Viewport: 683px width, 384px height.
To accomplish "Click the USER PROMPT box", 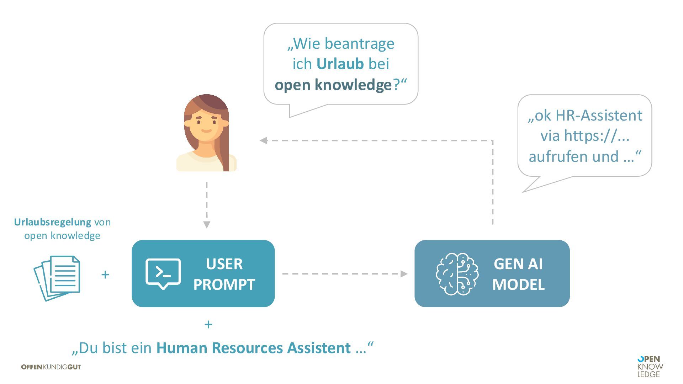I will click(x=203, y=273).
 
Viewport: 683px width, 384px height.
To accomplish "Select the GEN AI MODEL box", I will click(x=492, y=273).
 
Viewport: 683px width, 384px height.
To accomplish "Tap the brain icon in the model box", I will click(x=457, y=274).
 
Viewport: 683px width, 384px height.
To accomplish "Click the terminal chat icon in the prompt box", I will click(x=163, y=273).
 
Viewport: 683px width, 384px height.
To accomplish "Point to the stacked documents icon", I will click(x=57, y=278).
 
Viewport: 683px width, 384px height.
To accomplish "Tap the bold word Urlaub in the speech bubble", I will click(x=340, y=64).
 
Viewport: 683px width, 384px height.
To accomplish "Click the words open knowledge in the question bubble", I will click(x=333, y=85).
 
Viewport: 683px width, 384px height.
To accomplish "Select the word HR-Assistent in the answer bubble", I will click(x=599, y=116).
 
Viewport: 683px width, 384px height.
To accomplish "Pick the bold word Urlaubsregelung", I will click(x=53, y=222).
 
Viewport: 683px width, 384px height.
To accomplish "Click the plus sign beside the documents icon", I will click(x=105, y=274).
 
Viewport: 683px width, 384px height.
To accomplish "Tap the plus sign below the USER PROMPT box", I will click(x=208, y=324).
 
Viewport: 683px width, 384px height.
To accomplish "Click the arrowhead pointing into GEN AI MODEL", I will click(x=404, y=274).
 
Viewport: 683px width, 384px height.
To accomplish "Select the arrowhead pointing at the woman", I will click(x=264, y=140).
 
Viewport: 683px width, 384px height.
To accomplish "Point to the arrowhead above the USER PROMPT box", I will click(x=207, y=225).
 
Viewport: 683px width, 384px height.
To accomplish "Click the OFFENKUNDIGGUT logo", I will click(x=51, y=367).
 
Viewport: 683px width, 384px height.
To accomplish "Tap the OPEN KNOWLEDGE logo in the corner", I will click(x=650, y=367).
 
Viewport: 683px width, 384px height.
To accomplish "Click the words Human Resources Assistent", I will click(x=253, y=348).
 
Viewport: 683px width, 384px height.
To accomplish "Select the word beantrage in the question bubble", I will click(x=359, y=44).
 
